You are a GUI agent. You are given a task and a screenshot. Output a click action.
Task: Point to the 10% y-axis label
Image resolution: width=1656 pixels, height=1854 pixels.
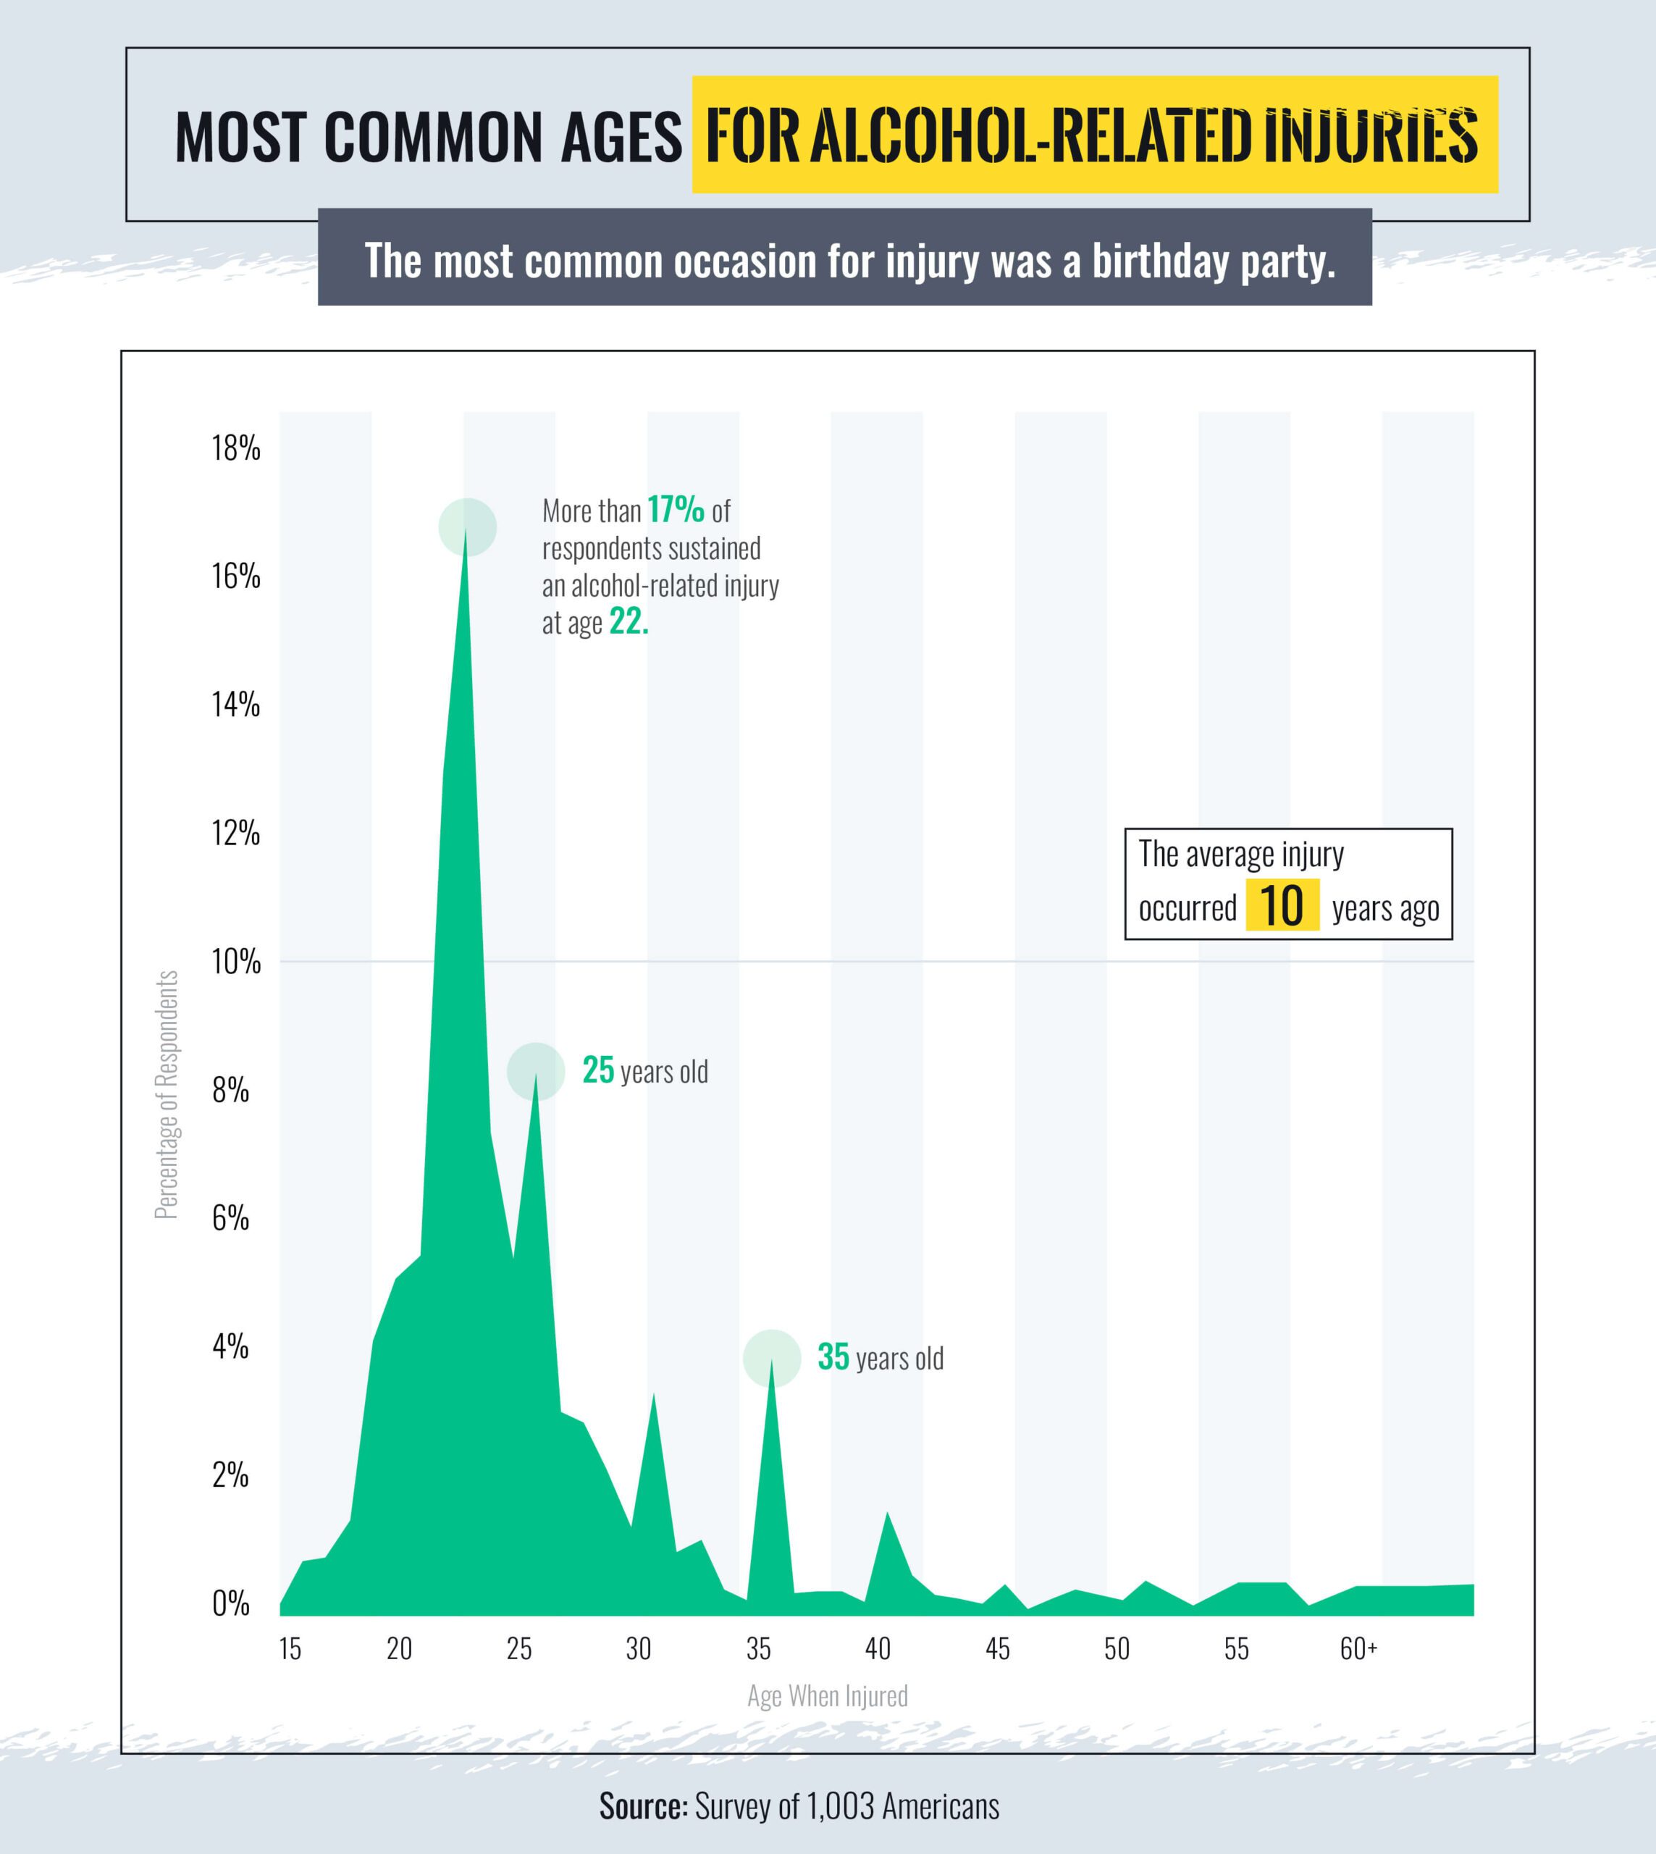[x=235, y=961]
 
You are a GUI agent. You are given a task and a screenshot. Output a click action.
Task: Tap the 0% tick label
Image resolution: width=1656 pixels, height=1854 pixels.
[x=231, y=1603]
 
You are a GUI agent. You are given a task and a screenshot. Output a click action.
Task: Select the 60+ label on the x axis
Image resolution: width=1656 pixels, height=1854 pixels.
[x=1358, y=1648]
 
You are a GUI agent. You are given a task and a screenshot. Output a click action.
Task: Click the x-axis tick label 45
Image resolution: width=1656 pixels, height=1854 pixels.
[x=997, y=1648]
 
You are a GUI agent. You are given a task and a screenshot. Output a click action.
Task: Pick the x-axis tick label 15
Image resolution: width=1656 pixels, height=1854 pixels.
[x=290, y=1648]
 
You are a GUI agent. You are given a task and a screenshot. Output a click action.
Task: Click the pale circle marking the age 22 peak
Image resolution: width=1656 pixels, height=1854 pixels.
[x=468, y=527]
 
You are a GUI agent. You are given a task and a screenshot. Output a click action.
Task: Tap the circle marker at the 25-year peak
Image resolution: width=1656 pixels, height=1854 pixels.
[x=536, y=1071]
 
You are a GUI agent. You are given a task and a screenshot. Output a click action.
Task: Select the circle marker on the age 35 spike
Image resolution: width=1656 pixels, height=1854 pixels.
[x=772, y=1358]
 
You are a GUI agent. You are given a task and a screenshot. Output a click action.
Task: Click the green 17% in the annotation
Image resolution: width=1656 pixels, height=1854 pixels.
[x=676, y=511]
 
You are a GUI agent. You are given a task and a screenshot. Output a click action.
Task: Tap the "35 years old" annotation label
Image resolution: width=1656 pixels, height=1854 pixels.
[x=880, y=1358]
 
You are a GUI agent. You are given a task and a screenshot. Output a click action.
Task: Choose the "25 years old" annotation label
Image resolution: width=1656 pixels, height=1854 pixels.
[x=645, y=1071]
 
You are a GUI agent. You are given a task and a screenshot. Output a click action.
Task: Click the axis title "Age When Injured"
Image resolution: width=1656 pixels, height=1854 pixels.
[x=827, y=1695]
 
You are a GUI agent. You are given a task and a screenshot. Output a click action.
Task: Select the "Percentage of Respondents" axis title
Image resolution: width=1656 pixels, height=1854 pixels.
[x=167, y=1094]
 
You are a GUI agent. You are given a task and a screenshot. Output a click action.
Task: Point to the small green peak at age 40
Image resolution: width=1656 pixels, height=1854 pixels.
[x=886, y=1515]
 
